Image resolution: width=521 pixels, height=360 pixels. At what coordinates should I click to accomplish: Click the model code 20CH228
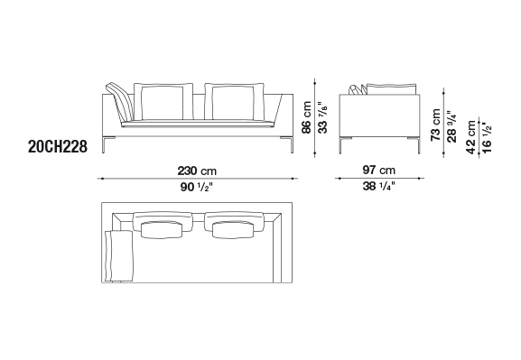point(58,146)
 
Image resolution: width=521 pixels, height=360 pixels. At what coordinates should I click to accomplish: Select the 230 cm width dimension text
point(197,171)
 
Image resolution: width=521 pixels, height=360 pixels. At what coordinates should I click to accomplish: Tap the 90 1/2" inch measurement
point(197,187)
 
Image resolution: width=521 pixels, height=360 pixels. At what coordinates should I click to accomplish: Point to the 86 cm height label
point(306,117)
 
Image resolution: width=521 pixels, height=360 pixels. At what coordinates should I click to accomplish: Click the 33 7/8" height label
point(322,117)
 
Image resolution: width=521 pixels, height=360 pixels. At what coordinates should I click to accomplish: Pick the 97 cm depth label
point(379,171)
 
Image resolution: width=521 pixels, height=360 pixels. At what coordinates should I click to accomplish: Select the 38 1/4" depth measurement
point(379,186)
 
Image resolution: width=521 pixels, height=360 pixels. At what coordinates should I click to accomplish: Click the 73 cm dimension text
point(435,125)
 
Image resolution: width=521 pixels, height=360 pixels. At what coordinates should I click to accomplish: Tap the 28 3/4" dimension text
point(451,126)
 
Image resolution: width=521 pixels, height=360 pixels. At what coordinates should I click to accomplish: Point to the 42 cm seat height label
point(471,137)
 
